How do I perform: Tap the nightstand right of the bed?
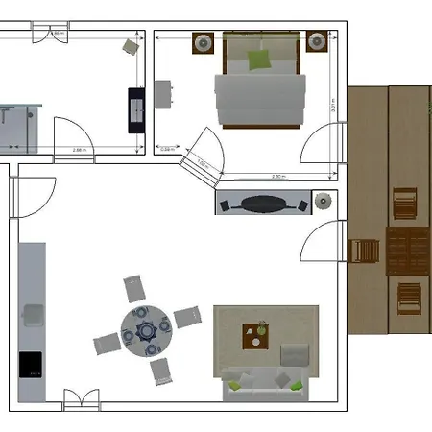coord(317,42)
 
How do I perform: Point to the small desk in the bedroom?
coord(164,94)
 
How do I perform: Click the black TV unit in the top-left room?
coord(136,108)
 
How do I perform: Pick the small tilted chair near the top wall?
coord(130,46)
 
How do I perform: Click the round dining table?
coord(146,330)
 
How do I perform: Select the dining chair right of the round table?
coord(186,317)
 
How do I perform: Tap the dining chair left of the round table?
coord(106,343)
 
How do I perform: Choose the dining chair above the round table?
coord(134,288)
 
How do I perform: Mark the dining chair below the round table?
coord(160,370)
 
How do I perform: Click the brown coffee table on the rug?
coord(255,337)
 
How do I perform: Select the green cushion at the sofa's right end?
coord(298,386)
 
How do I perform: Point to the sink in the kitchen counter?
coord(33,314)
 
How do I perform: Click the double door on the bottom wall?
coord(81,400)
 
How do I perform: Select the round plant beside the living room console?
coord(324,202)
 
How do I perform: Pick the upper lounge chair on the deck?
coord(405,204)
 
